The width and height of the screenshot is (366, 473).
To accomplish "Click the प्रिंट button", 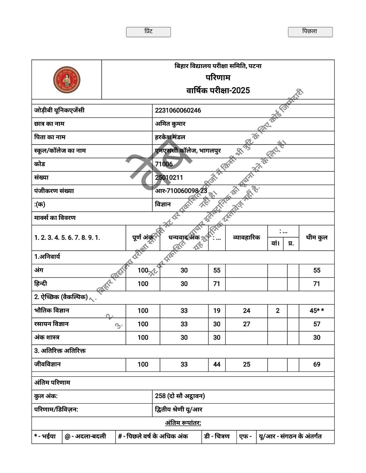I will (148, 32).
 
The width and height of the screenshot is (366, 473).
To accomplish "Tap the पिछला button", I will (310, 32).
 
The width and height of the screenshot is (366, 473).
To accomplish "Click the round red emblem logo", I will (67, 80).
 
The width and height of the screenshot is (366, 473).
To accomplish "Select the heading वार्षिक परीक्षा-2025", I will (218, 90).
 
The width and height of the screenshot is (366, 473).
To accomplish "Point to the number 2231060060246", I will (178, 110).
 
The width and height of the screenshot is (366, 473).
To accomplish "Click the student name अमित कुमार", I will (170, 124).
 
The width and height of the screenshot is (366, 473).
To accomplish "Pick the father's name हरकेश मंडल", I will (170, 137).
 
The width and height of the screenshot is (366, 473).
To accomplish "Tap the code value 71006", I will (164, 164).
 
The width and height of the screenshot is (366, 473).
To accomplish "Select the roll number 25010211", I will (169, 178).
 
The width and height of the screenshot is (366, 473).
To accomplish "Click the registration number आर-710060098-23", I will (181, 191).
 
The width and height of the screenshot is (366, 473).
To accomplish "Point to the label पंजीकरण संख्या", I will (54, 191).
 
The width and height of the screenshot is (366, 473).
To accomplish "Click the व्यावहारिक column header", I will (246, 237).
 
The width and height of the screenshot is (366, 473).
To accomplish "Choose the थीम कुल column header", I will (317, 237).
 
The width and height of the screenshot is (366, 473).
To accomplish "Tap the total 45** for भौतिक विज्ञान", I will (317, 311).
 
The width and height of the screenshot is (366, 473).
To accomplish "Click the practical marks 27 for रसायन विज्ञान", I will (246, 324).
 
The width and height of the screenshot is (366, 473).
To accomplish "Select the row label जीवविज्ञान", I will (47, 364).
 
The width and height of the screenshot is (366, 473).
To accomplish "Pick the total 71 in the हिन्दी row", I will (317, 284).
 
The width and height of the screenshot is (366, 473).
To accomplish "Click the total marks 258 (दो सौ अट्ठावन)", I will (180, 396).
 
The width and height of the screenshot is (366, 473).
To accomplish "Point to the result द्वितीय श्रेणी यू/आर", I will (179, 409).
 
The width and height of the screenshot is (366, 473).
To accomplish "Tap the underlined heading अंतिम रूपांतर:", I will (183, 423).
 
